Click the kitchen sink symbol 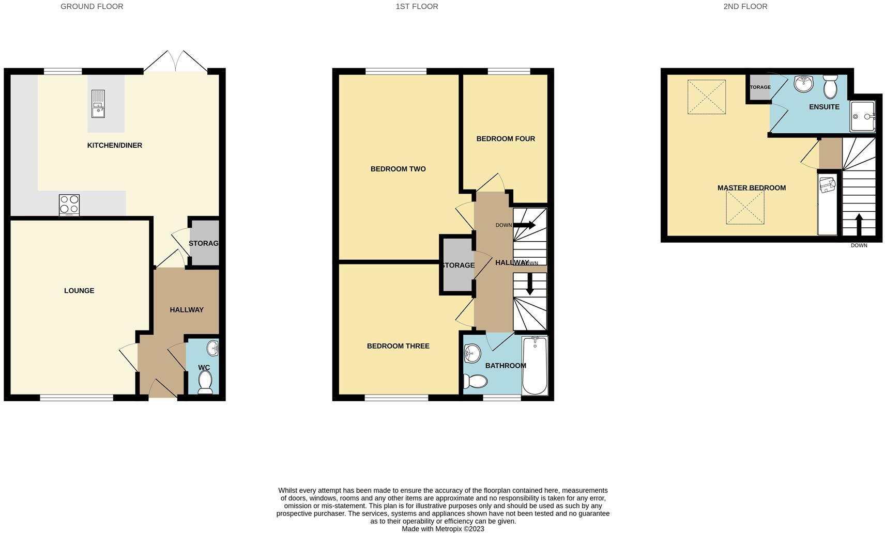pyautogui.click(x=98, y=103)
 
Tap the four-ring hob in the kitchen pyautogui.click(x=69, y=205)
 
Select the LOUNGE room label pyautogui.click(x=79, y=291)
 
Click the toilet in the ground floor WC pyautogui.click(x=205, y=382)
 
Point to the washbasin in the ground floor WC pyautogui.click(x=212, y=349)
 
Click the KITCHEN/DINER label pyautogui.click(x=114, y=146)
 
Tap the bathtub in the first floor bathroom pyautogui.click(x=535, y=365)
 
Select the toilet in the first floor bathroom pyautogui.click(x=475, y=381)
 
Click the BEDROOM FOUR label pyautogui.click(x=505, y=139)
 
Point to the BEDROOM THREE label pyautogui.click(x=398, y=346)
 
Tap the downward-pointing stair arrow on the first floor pyautogui.click(x=529, y=284)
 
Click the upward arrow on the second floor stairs pyautogui.click(x=859, y=225)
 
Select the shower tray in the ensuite pyautogui.click(x=863, y=117)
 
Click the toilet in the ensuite pyautogui.click(x=830, y=86)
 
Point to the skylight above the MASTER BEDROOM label pyautogui.click(x=706, y=97)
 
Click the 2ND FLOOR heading pyautogui.click(x=745, y=7)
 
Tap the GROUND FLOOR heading pyautogui.click(x=91, y=7)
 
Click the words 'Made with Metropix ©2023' pyautogui.click(x=442, y=529)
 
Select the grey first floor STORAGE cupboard pyautogui.click(x=456, y=265)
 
